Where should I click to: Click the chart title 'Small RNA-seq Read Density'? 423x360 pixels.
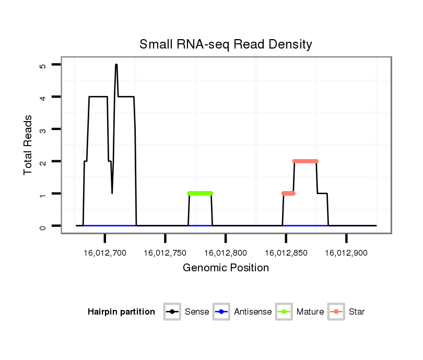point(226,44)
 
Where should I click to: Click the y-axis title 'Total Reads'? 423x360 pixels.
point(28,145)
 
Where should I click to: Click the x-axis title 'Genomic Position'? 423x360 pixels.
point(226,268)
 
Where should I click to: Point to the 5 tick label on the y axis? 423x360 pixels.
point(43,65)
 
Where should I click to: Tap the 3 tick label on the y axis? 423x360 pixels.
point(43,129)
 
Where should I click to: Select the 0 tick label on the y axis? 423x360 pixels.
point(43,226)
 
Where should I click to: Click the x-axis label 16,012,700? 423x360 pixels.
point(105,253)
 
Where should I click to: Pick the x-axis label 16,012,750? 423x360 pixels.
point(165,253)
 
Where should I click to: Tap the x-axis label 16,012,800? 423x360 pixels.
point(226,253)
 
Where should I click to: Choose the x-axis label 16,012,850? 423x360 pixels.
point(286,253)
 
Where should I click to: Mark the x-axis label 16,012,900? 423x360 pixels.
point(346,253)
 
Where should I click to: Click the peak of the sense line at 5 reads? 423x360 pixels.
point(116,65)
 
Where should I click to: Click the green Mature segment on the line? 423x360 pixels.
point(200,193)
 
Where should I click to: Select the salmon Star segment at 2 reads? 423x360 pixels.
point(305,161)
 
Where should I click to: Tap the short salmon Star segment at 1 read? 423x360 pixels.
point(288,193)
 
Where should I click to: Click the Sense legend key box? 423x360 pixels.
point(172,312)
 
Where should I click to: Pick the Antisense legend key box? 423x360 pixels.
point(221,312)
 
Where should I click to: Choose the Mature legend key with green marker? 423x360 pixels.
point(284,312)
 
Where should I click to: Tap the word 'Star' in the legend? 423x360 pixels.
point(357,312)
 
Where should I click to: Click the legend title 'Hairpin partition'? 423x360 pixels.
point(121,312)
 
